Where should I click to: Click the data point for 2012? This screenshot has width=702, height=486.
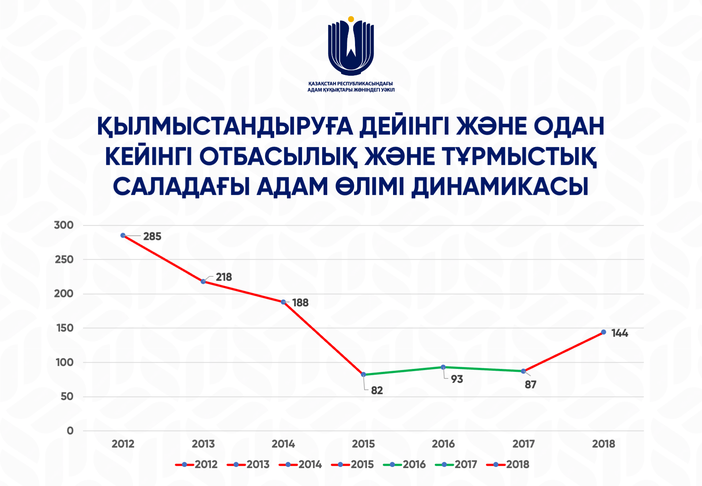click(123, 236)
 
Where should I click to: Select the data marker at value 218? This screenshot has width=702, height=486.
click(203, 282)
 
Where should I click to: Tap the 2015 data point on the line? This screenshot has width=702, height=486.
click(363, 374)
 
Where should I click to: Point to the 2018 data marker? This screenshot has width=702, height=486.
click(604, 332)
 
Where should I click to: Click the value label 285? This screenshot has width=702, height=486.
click(152, 237)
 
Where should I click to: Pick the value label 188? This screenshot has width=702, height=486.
click(300, 303)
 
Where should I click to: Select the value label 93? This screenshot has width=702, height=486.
click(457, 379)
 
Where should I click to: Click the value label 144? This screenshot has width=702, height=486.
click(620, 333)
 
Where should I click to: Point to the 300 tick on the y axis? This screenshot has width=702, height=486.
click(64, 225)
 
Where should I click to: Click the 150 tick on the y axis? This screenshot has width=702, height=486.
click(65, 328)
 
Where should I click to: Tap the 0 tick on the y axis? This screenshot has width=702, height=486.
click(70, 431)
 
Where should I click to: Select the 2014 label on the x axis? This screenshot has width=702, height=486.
click(283, 444)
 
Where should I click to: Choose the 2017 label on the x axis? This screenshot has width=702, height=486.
click(524, 444)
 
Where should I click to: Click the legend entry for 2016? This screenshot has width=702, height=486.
click(404, 464)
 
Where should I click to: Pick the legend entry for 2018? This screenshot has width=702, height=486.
click(508, 464)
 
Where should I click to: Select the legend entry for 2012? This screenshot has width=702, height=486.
click(196, 464)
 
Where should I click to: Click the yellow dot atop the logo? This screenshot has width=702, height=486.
click(351, 19)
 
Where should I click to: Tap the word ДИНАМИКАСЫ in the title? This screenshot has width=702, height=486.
click(500, 187)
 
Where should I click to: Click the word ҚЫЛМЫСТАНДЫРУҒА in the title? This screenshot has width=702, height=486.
click(225, 126)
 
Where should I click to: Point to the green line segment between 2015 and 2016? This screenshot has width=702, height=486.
click(403, 371)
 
